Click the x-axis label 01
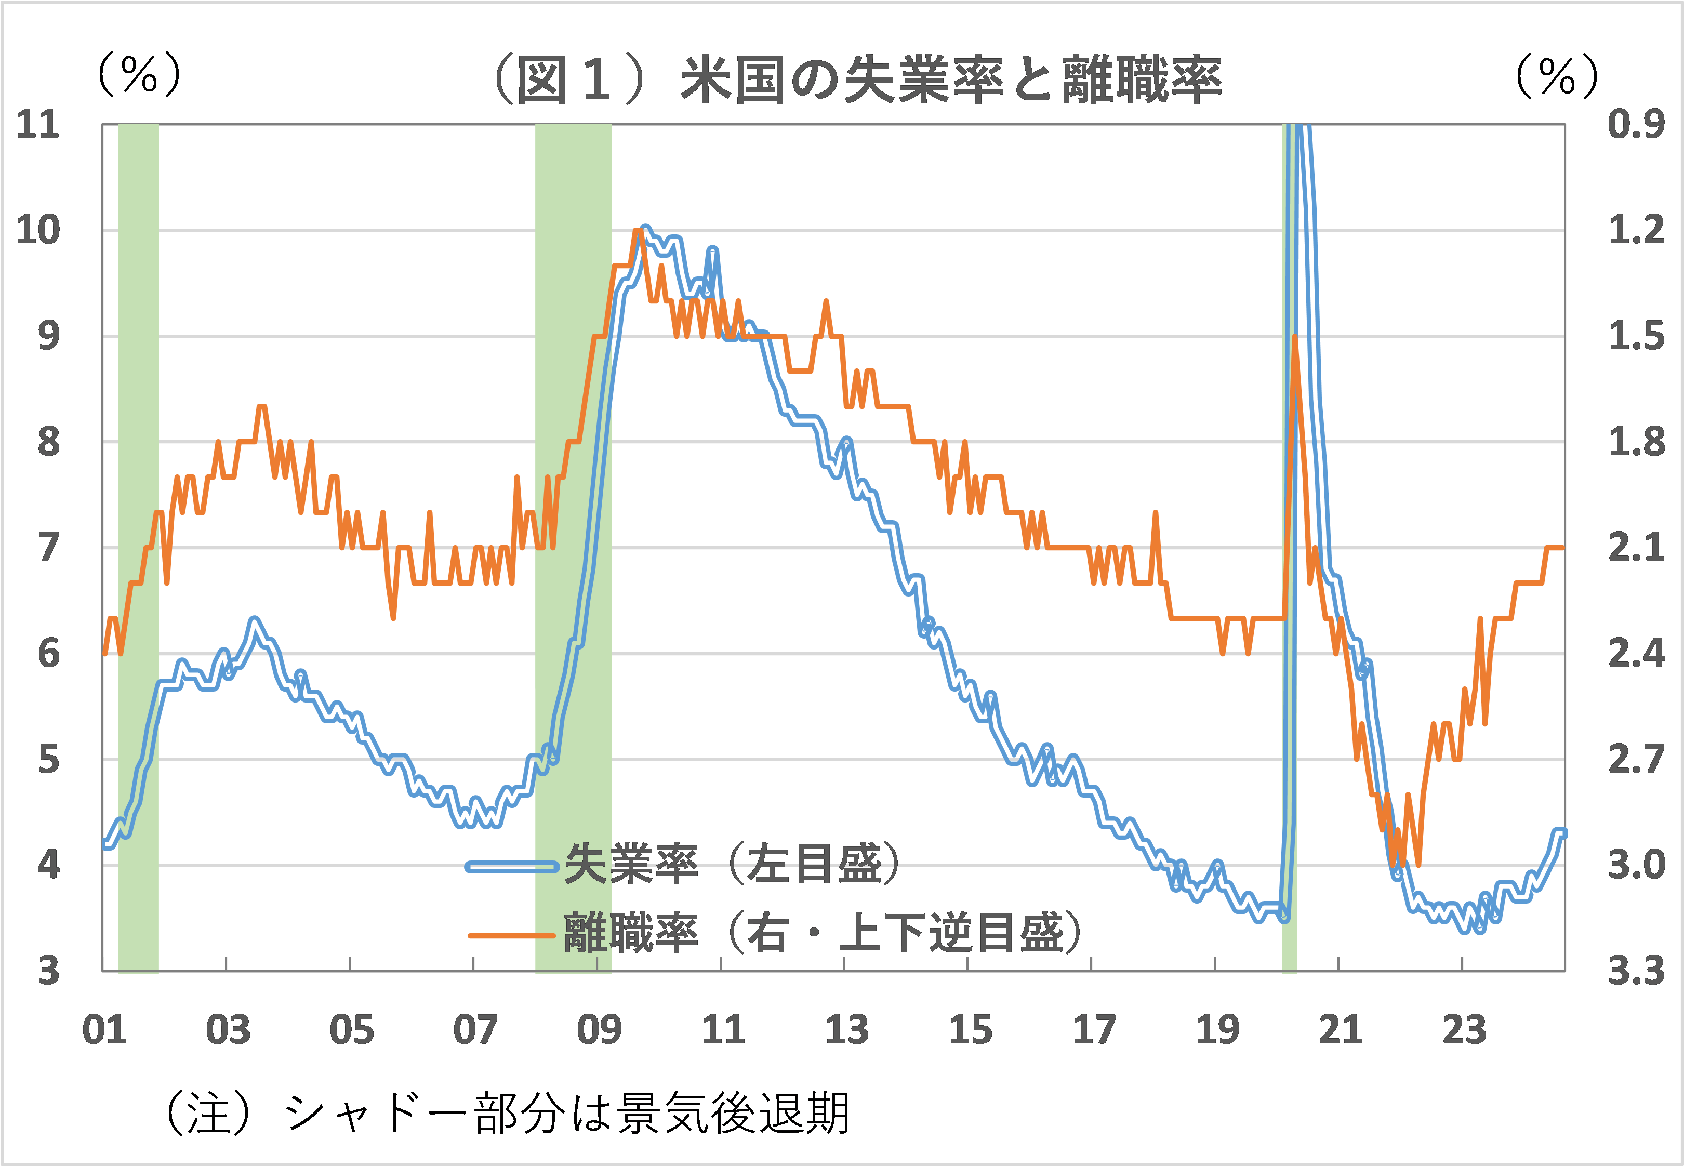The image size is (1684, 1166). (x=104, y=1030)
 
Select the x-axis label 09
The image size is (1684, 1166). (x=599, y=1030)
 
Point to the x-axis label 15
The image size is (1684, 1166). (x=970, y=1030)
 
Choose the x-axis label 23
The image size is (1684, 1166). (x=1463, y=1030)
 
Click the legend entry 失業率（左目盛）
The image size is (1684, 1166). (x=731, y=864)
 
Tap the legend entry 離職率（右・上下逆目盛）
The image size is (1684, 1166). (x=822, y=933)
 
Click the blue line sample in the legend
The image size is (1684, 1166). (x=511, y=867)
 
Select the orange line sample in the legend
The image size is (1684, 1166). (x=511, y=935)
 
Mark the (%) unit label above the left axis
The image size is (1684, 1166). (x=139, y=74)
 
